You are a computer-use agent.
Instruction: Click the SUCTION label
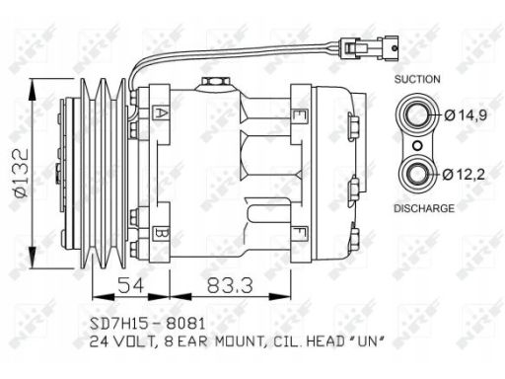(417, 79)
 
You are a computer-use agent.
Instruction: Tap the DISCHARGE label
(424, 208)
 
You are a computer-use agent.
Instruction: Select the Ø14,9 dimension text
(466, 115)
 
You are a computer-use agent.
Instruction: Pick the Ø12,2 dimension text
(464, 175)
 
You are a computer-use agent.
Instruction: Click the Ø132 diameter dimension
(22, 173)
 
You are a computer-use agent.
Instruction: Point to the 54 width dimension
(131, 285)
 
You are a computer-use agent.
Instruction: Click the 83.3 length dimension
(230, 285)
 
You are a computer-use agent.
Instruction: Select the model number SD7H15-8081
(148, 324)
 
